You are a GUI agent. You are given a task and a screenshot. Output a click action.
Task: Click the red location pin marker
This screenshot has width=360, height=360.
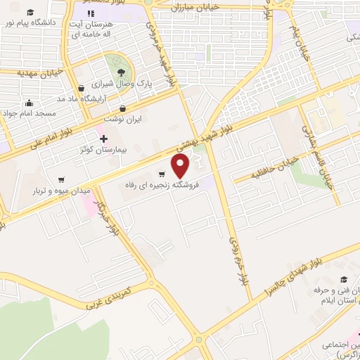181,165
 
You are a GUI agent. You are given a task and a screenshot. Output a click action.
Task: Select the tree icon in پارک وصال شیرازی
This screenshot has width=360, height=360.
122,72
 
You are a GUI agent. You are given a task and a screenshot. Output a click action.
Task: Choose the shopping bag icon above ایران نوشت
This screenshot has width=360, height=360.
123,108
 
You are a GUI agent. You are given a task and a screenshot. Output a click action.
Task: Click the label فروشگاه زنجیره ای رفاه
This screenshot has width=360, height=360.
159,184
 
